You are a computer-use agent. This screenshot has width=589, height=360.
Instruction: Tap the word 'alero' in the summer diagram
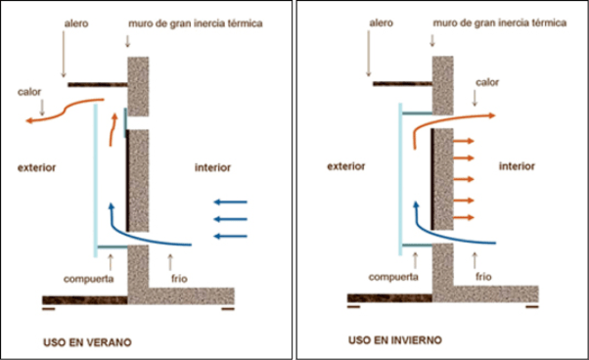(x=73, y=21)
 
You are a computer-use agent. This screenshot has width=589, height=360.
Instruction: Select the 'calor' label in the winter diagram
(x=487, y=82)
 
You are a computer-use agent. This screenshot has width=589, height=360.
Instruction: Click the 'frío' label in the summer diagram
(x=178, y=278)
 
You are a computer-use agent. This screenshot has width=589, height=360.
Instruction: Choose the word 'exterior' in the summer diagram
(x=37, y=167)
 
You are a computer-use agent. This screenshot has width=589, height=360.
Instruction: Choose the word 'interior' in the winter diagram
(x=518, y=167)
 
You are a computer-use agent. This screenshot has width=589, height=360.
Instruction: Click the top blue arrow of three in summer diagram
(x=231, y=202)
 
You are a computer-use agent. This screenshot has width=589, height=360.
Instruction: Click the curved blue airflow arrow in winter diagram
(x=460, y=238)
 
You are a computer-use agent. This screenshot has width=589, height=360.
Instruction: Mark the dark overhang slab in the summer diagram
(x=97, y=84)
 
